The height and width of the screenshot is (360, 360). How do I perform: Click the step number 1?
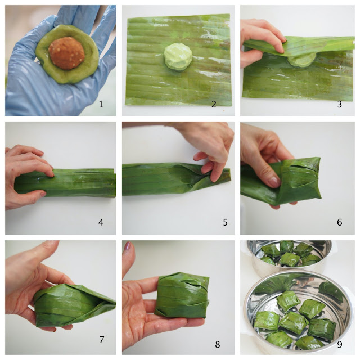(x=101, y=105)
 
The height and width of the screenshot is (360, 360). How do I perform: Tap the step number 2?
(x=214, y=105)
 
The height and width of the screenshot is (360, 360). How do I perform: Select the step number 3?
(x=340, y=105)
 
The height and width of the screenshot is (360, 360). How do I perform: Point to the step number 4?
(x=101, y=222)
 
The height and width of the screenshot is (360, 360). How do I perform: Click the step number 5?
(x=225, y=222)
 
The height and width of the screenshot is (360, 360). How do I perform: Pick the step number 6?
(x=340, y=222)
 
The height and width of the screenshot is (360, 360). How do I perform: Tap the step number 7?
(x=102, y=340)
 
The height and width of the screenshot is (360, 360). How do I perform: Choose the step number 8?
(x=218, y=344)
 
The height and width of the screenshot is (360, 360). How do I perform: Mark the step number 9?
(x=340, y=344)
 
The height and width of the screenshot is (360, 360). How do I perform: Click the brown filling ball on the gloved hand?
(x=66, y=53)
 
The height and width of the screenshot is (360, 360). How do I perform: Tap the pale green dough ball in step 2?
(x=178, y=57)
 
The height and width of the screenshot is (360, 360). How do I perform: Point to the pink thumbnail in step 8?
(x=128, y=246)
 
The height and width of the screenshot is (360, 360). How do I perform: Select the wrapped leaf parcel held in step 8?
(x=182, y=295)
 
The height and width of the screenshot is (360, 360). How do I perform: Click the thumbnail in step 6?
(x=274, y=182)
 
